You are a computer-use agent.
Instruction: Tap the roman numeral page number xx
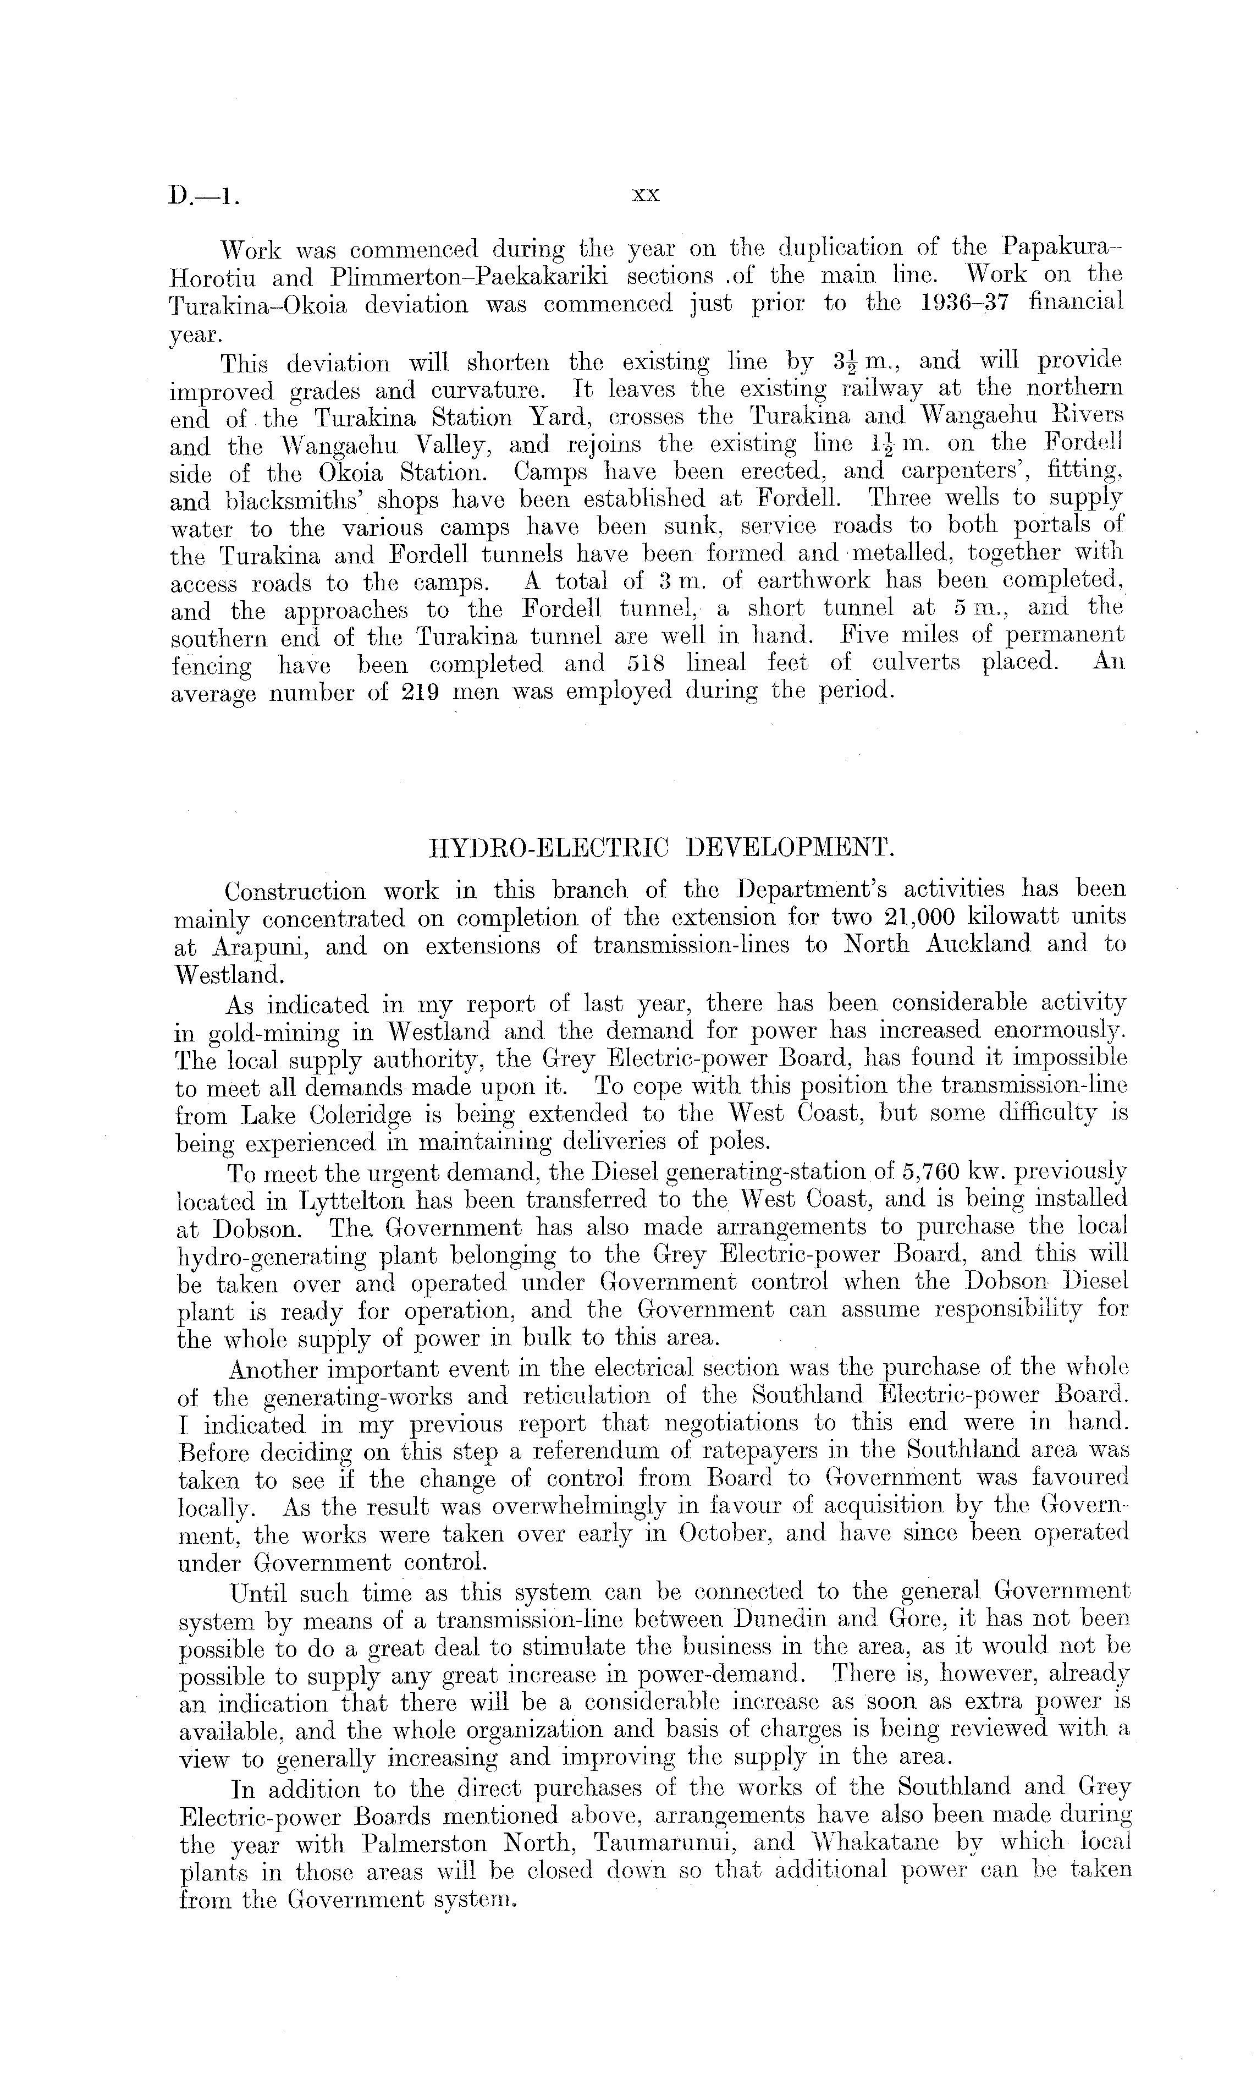point(646,195)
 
